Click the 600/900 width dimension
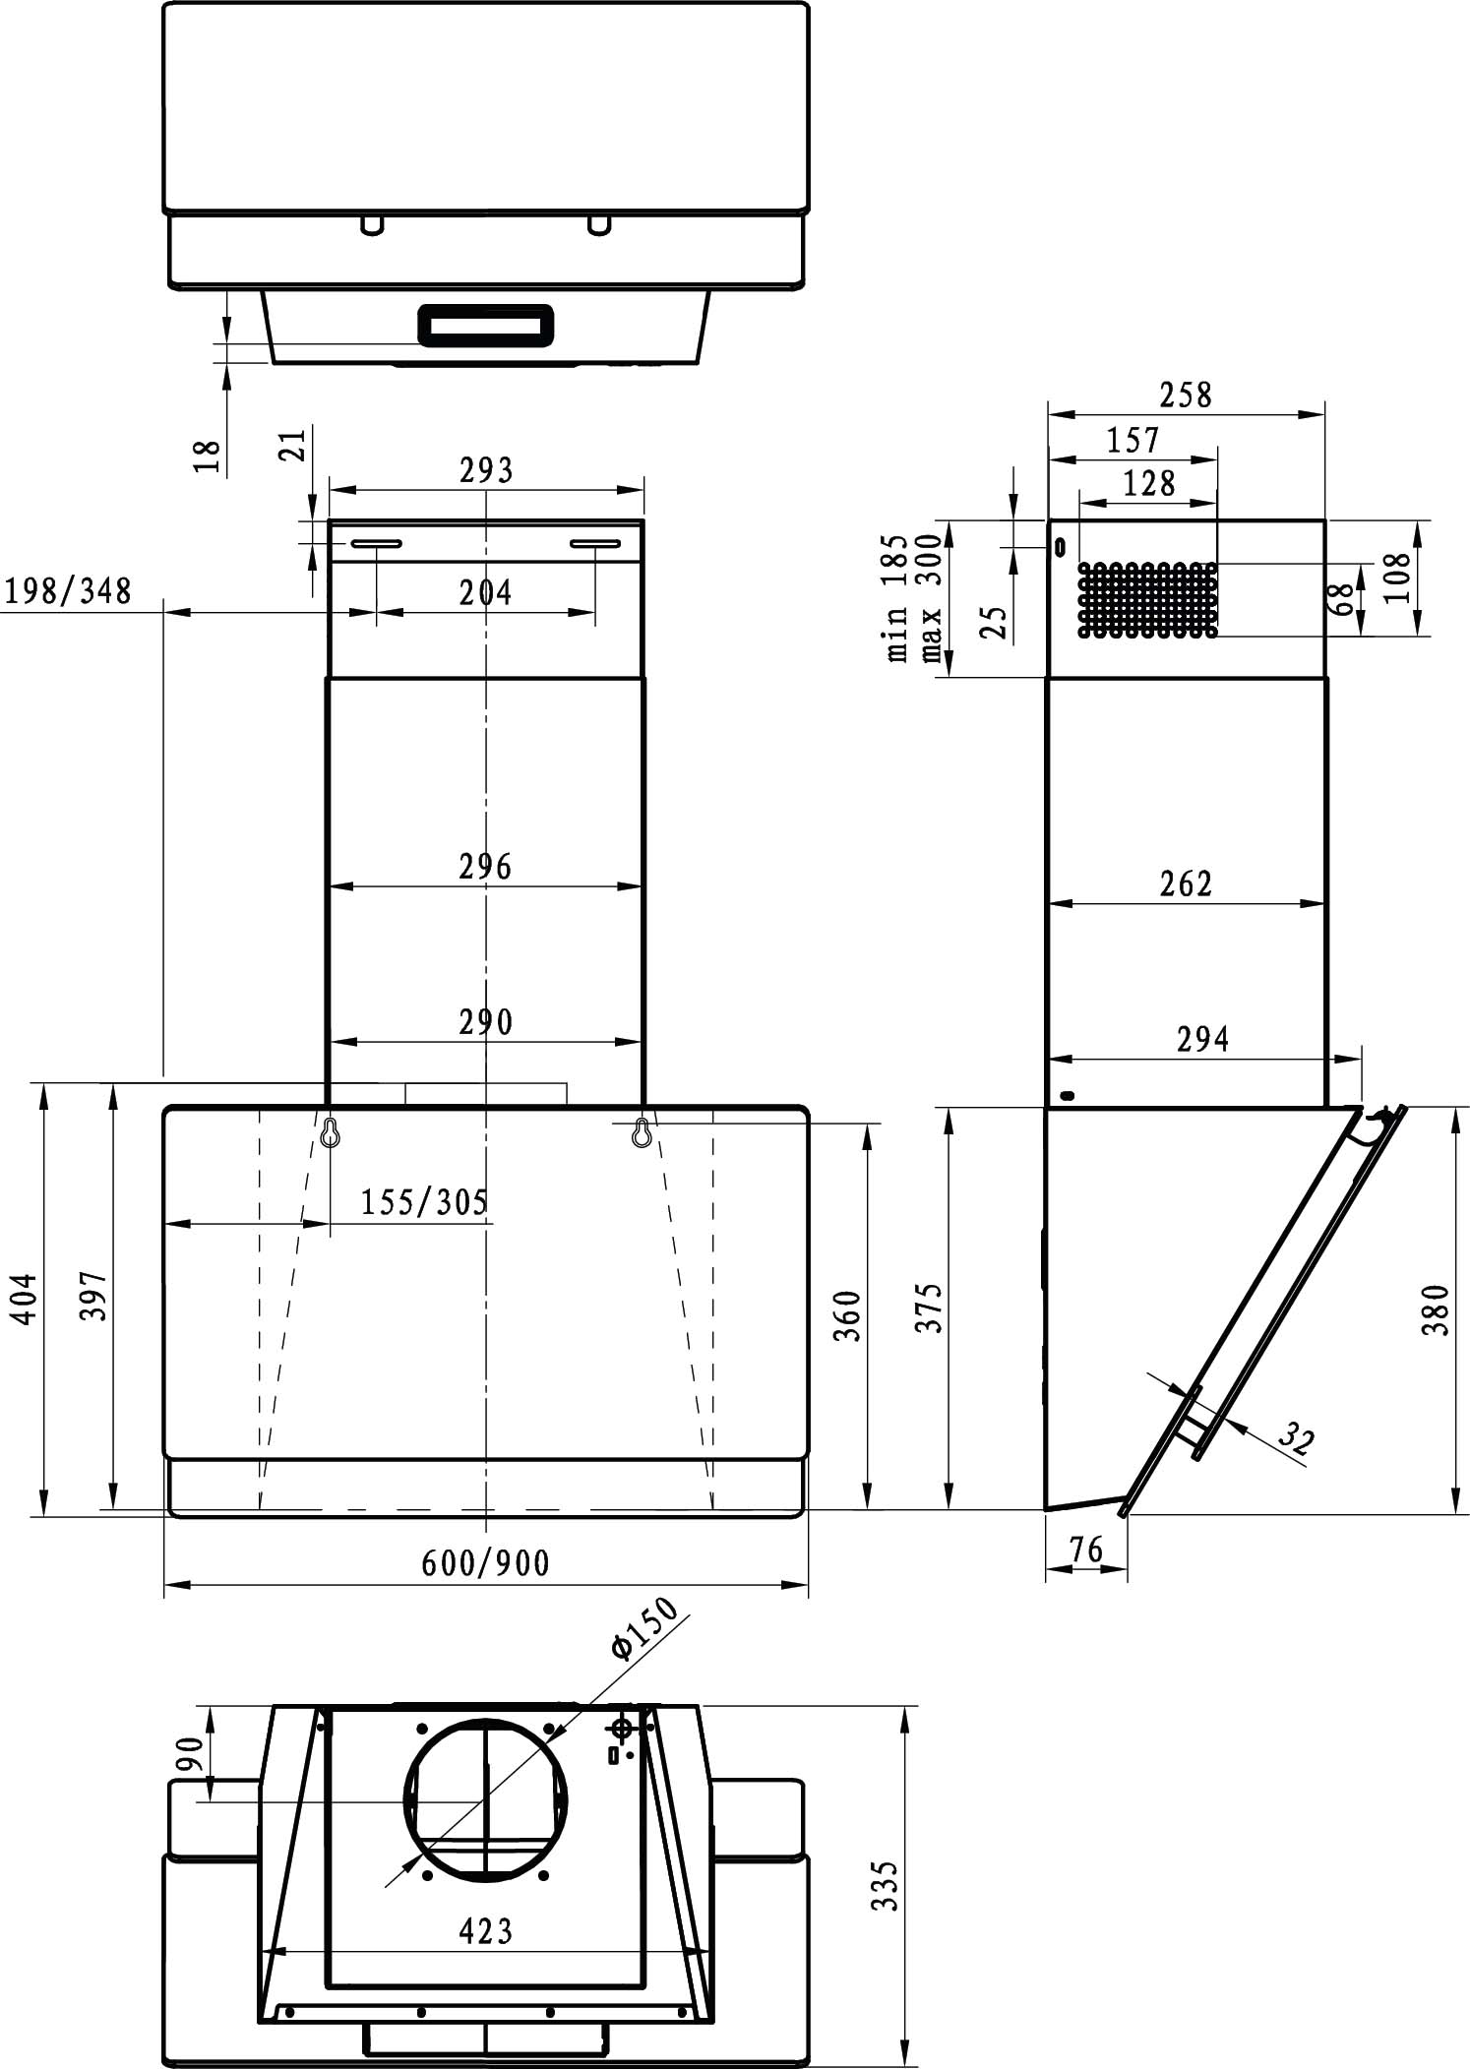coord(485,1562)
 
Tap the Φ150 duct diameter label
coord(644,1631)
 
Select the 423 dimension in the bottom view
coord(486,1931)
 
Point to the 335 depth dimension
coord(887,1885)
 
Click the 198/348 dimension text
coord(68,591)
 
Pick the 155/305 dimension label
coord(424,1202)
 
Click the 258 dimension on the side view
coord(1186,396)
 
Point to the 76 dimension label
coord(1085,1550)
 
